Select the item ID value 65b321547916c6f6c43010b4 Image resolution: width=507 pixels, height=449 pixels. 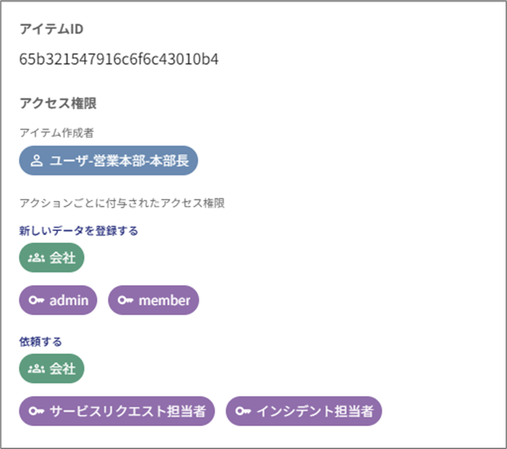point(119,60)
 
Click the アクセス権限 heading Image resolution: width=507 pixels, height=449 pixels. point(58,103)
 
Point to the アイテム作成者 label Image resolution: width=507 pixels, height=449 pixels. point(57,132)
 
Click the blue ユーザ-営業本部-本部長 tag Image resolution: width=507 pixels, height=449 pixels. point(108,161)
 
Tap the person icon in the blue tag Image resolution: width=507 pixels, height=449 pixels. point(37,161)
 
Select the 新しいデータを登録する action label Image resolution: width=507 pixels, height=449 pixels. point(79,231)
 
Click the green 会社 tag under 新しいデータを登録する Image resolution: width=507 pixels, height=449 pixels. point(52,257)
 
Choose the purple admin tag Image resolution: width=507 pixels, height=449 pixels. point(58,300)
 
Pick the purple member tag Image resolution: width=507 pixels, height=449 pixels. point(153,300)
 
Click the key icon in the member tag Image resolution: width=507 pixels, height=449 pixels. point(125,300)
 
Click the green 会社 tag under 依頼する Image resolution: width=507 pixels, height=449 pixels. point(52,368)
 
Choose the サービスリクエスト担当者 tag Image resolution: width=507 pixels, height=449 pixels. point(117,411)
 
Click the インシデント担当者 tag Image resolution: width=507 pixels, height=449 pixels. point(304,411)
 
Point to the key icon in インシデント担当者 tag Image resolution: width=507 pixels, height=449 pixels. point(243,411)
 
